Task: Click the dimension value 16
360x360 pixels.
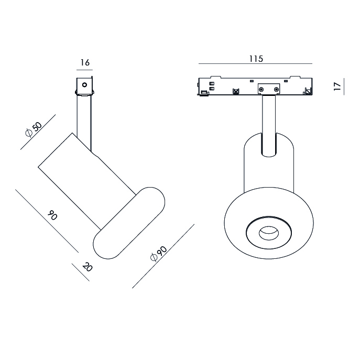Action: [85, 62]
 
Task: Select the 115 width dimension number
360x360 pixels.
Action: [256, 59]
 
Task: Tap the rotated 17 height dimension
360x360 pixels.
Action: [337, 86]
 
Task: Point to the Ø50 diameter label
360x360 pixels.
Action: [34, 129]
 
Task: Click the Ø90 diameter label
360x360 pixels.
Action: [159, 254]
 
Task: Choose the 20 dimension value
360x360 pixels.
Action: [87, 267]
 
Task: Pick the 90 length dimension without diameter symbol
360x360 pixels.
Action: [52, 215]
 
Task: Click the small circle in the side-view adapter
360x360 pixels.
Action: [84, 85]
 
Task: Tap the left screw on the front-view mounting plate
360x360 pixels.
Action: [261, 89]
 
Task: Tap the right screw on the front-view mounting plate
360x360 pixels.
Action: [276, 89]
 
